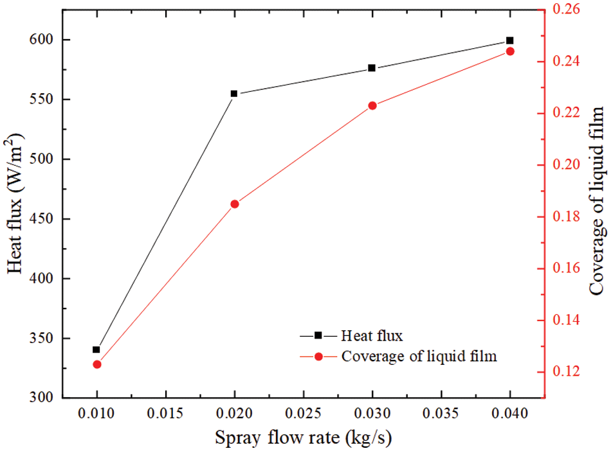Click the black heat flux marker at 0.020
(x=234, y=94)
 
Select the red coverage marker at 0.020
(x=235, y=204)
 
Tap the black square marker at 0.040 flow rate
(x=510, y=40)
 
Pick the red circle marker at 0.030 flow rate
(x=372, y=105)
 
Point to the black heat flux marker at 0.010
(x=96, y=349)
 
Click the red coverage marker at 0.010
(x=97, y=364)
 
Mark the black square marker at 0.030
(x=372, y=68)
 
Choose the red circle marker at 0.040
(x=510, y=51)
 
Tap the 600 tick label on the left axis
(x=44, y=40)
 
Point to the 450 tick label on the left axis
(x=44, y=219)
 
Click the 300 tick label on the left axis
(x=44, y=398)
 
